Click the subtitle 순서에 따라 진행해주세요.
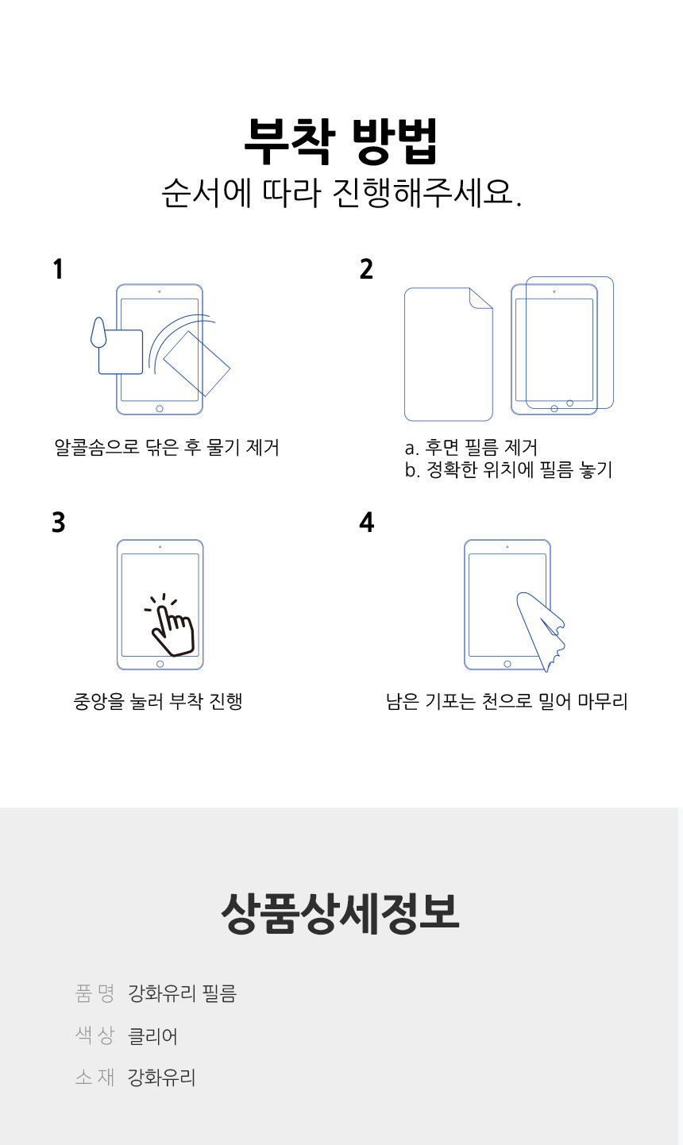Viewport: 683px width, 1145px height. tap(341, 193)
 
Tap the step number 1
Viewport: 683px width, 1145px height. tap(57, 269)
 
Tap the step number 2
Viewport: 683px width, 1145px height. tap(366, 269)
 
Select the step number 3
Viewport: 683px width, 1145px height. tap(58, 522)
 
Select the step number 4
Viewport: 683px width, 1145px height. tap(366, 522)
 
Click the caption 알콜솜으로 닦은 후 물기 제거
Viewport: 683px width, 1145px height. tap(167, 447)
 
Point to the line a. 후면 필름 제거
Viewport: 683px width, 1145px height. tap(471, 447)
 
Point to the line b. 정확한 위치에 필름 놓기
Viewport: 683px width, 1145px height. tap(508, 470)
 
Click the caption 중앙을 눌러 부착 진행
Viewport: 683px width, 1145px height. tap(157, 701)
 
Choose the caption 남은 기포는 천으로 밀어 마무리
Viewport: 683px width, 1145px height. tap(507, 701)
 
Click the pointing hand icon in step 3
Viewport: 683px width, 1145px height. tap(171, 627)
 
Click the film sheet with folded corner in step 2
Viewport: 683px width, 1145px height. tap(448, 354)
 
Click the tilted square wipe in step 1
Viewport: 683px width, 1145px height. tap(196, 363)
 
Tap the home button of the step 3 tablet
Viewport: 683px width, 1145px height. tap(160, 664)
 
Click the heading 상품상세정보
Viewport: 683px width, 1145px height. tap(341, 913)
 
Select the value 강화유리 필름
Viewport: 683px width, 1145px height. tap(182, 993)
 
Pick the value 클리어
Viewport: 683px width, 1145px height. tap(152, 1035)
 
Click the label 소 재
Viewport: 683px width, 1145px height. tap(95, 1078)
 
